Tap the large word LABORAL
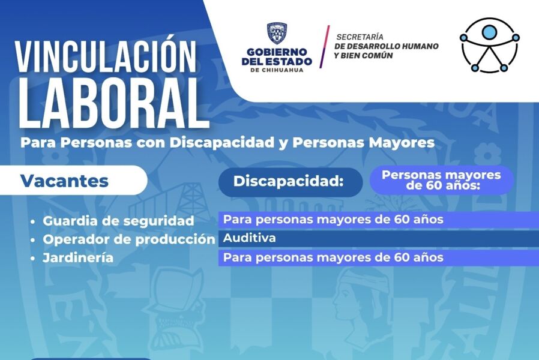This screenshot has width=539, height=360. pyautogui.click(x=113, y=103)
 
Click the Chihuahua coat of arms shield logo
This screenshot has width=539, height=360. pyautogui.click(x=277, y=34)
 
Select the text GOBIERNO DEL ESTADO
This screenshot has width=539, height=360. pyautogui.click(x=277, y=57)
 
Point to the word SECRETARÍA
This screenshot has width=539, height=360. pyautogui.click(x=360, y=37)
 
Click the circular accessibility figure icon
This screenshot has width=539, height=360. pyautogui.click(x=490, y=46)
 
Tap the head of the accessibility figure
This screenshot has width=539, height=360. pyautogui.click(x=489, y=32)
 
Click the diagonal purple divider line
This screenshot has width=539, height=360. pyautogui.click(x=324, y=46)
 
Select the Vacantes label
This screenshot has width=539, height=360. pyautogui.click(x=64, y=181)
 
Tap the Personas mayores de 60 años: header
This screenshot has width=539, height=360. pyautogui.click(x=441, y=180)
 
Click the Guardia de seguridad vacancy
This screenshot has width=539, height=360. pyautogui.click(x=118, y=221)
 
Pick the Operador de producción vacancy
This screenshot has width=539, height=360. pyautogui.click(x=129, y=239)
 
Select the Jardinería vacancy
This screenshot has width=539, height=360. pyautogui.click(x=78, y=257)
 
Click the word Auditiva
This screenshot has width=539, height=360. pyautogui.click(x=249, y=238)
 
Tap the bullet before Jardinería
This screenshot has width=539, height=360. pyautogui.click(x=32, y=259)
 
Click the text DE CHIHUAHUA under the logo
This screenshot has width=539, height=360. pyautogui.click(x=277, y=70)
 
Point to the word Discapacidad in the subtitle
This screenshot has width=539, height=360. pyautogui.click(x=221, y=143)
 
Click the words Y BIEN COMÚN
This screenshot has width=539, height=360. pyautogui.click(x=363, y=56)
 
